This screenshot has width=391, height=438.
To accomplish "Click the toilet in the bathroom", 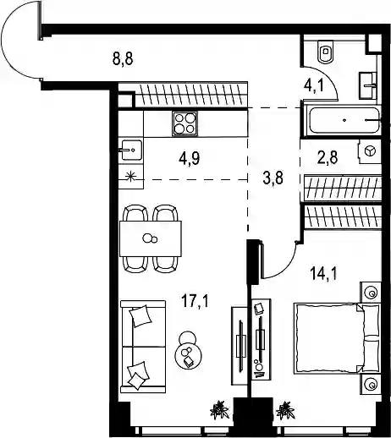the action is (x=326, y=52).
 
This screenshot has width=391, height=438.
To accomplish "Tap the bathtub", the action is (x=344, y=120).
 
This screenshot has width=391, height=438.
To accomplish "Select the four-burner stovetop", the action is (x=184, y=123).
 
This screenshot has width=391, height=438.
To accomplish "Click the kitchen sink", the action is (x=131, y=150).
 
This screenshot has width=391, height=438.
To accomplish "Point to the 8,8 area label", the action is (x=123, y=59).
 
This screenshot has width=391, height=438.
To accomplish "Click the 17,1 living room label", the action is (x=195, y=301).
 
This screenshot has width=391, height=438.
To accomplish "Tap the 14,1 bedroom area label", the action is (x=323, y=274).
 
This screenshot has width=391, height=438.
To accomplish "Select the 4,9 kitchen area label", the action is (x=190, y=159).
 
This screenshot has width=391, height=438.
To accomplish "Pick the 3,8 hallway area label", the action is (x=273, y=178).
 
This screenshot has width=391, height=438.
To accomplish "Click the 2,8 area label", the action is (x=328, y=157).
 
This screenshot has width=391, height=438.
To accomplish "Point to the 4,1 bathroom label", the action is (x=313, y=85).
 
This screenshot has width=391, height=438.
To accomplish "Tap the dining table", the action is (x=151, y=238).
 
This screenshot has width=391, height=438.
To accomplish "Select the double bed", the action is (x=337, y=338).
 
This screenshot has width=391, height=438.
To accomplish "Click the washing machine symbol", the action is (x=370, y=151).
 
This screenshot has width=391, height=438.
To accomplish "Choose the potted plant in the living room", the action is (x=219, y=409).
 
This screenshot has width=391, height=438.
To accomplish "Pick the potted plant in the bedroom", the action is (x=285, y=410).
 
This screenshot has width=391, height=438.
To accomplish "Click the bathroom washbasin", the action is (x=368, y=85).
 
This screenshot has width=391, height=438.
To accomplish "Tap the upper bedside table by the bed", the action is (x=371, y=293).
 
